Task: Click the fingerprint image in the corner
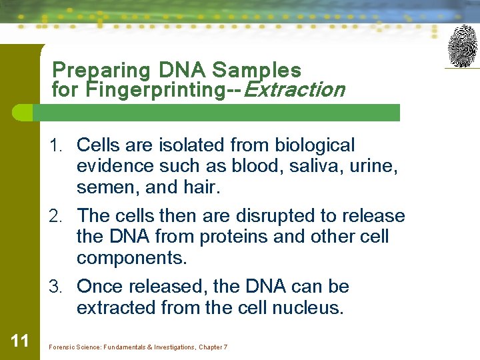[x=462, y=46]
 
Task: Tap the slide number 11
[x=20, y=341]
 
